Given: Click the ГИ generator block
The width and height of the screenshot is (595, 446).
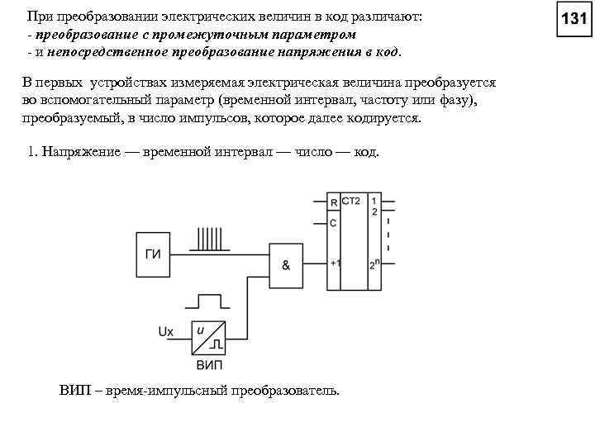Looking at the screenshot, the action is tap(153, 254).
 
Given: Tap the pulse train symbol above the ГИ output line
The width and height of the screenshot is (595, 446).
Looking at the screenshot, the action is tap(211, 238).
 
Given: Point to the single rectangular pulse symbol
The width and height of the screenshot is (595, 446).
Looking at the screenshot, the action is tap(208, 300).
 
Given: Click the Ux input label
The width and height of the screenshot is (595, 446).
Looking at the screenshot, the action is tap(165, 332).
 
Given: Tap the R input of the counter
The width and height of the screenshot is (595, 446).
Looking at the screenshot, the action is tap(333, 202).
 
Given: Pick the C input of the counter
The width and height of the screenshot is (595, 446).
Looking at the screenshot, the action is tap(333, 223).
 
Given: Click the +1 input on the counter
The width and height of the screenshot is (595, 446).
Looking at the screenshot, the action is tap(335, 263).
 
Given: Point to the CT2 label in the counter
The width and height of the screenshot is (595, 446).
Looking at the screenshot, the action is tap(351, 202).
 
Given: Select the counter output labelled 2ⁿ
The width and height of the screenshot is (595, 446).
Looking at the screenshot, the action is tap(374, 264).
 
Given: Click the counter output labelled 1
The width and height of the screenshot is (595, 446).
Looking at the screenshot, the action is tap(374, 201).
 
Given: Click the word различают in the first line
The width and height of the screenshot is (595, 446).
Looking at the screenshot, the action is tap(381, 17).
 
